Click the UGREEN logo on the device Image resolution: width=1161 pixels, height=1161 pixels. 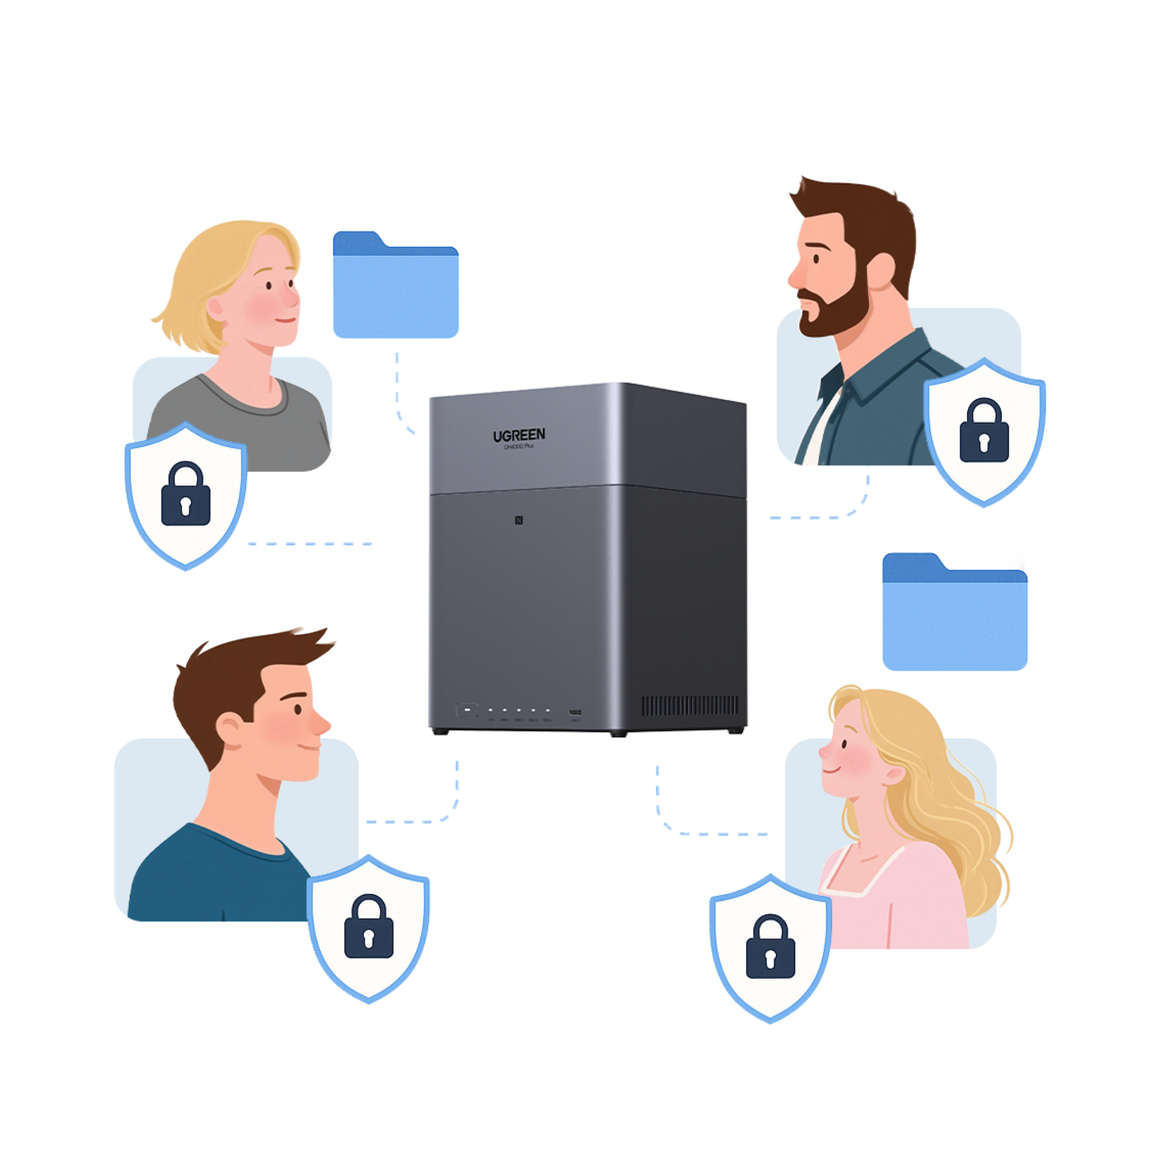pyautogui.click(x=519, y=435)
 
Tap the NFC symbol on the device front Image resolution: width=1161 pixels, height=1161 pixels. pyautogui.click(x=519, y=521)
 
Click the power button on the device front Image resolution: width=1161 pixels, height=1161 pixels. pyautogui.click(x=467, y=709)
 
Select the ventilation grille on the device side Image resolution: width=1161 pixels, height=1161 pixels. pyautogui.click(x=689, y=705)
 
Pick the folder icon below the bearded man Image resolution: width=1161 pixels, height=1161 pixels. pyautogui.click(x=955, y=612)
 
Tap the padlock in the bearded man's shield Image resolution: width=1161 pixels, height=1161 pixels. pyautogui.click(x=984, y=430)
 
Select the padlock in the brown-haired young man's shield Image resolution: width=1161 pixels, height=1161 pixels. pyautogui.click(x=369, y=926)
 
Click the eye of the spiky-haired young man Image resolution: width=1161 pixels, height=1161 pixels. pyautogui.click(x=298, y=709)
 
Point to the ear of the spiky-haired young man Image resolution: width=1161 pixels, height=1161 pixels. pyautogui.click(x=230, y=729)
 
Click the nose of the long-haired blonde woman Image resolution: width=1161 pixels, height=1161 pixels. pyautogui.click(x=825, y=751)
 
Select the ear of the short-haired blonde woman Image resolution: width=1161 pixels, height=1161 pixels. pyautogui.click(x=216, y=308)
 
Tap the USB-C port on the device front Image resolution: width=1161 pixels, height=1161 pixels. pyautogui.click(x=574, y=713)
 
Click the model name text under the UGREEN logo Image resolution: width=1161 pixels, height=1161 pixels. pyautogui.click(x=519, y=447)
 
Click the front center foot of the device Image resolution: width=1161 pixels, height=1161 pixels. pyautogui.click(x=618, y=734)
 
